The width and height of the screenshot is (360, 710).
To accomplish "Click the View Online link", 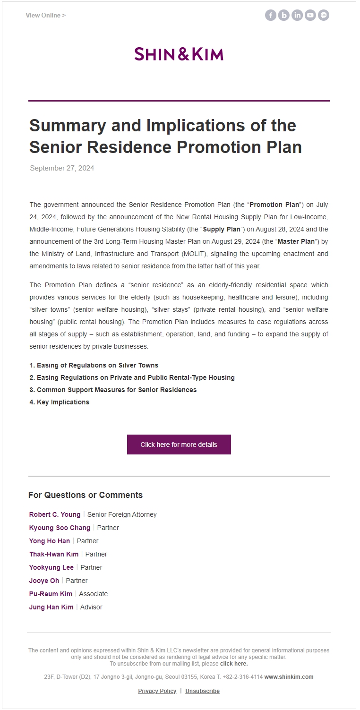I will point(45,16).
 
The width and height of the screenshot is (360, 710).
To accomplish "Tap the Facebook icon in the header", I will point(271,16).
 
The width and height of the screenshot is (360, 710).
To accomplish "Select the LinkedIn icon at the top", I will point(297,16).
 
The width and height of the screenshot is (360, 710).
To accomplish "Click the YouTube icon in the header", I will point(310,16).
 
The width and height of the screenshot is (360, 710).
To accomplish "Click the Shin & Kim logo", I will point(179,54).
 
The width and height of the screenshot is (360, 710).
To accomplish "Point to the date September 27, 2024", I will point(62,168).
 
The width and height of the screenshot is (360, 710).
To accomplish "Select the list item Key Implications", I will point(60,402).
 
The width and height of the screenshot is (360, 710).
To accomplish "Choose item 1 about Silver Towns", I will point(94,365).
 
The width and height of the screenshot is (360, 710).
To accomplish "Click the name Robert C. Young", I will point(55,514).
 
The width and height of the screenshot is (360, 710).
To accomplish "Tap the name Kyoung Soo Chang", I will point(60,528).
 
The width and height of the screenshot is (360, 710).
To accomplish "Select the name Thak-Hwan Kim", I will point(54,554).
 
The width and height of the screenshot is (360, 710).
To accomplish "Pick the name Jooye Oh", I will point(44,581).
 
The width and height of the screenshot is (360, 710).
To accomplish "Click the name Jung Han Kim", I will point(51,607).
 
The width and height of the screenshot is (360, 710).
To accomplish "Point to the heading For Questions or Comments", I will point(86,495).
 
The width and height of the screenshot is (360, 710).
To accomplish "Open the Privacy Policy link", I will point(157,691).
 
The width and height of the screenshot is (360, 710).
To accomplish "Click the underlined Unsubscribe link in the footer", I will point(202,691).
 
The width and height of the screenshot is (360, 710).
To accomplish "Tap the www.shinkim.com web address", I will point(289,677).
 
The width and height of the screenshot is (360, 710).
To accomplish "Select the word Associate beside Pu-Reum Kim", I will point(93,594).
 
